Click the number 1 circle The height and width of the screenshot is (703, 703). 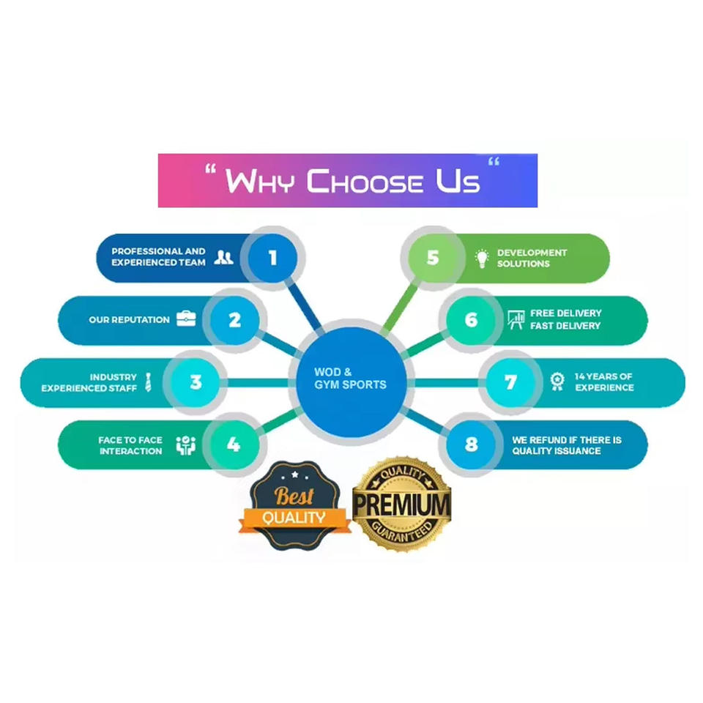[x=272, y=258]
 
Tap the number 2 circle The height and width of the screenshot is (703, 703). [x=234, y=320]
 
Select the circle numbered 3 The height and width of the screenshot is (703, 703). [x=196, y=382]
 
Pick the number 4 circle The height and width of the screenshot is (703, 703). [x=234, y=445]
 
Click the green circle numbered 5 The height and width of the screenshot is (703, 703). [x=433, y=258]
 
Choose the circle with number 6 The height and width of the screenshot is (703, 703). [x=471, y=320]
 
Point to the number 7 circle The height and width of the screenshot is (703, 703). [x=510, y=382]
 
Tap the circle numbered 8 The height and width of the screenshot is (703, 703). [x=471, y=445]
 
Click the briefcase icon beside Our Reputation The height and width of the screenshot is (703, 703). [x=186, y=319]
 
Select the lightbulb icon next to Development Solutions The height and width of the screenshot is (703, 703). [x=481, y=258]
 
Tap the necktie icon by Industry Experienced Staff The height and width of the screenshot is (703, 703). [x=148, y=382]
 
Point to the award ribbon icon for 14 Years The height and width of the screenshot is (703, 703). [x=557, y=382]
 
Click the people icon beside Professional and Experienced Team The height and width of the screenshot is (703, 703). [x=224, y=257]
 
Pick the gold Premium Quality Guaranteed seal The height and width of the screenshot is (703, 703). [x=401, y=505]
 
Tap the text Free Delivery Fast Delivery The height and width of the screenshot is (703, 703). [x=565, y=319]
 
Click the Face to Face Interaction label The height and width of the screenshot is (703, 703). [x=130, y=445]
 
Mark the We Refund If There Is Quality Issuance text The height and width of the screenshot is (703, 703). [x=567, y=445]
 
